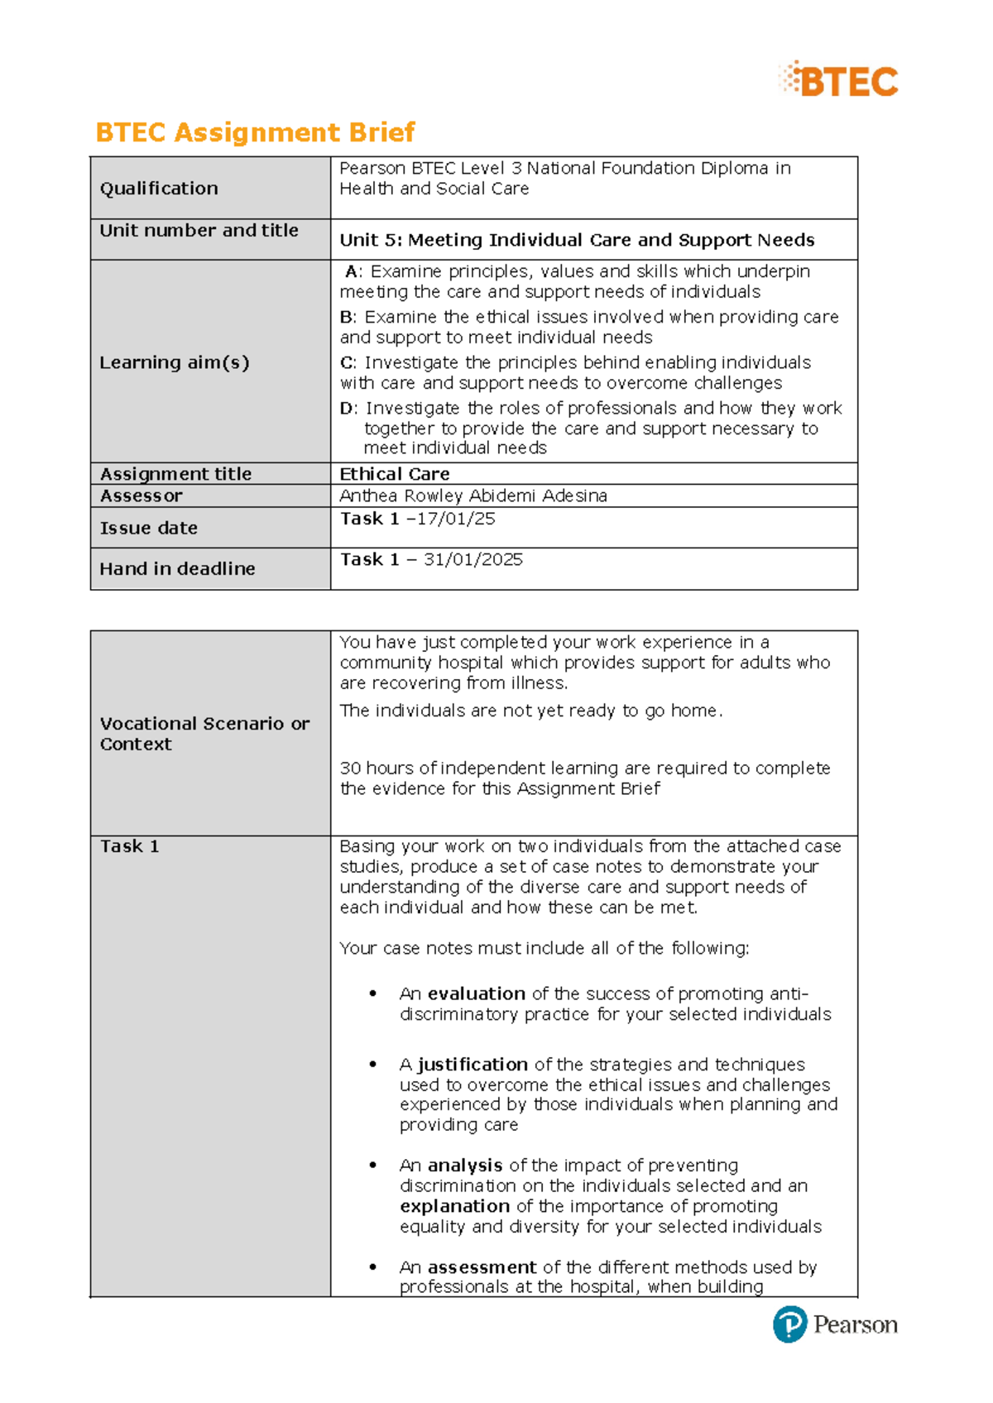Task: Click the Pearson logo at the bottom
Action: pyautogui.click(x=835, y=1324)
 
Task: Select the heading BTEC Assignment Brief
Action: pyautogui.click(x=255, y=132)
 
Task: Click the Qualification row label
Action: pyautogui.click(x=159, y=189)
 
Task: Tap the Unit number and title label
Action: pyautogui.click(x=199, y=231)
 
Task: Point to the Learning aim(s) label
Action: pyautogui.click(x=174, y=362)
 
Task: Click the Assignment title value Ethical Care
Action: pyautogui.click(x=395, y=474)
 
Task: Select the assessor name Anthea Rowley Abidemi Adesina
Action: pyautogui.click(x=473, y=496)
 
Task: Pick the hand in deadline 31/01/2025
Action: pyautogui.click(x=473, y=559)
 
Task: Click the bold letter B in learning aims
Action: pyautogui.click(x=346, y=317)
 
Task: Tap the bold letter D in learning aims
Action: pyautogui.click(x=347, y=408)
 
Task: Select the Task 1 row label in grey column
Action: pyautogui.click(x=129, y=846)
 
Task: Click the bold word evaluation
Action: pyautogui.click(x=477, y=994)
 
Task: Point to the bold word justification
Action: pyautogui.click(x=473, y=1065)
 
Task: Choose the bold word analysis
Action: pyautogui.click(x=465, y=1166)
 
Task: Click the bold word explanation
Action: pyautogui.click(x=454, y=1206)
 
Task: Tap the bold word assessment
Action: pyautogui.click(x=482, y=1267)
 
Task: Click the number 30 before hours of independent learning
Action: pyautogui.click(x=350, y=768)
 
